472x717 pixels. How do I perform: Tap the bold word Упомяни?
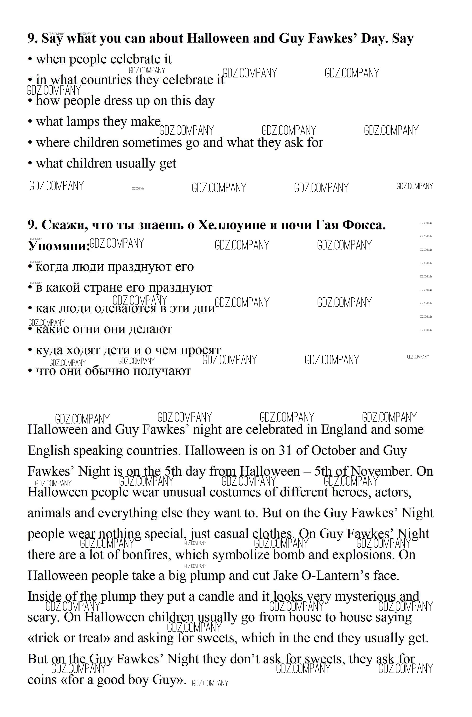[x=59, y=246]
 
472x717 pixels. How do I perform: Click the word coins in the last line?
[x=42, y=680]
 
